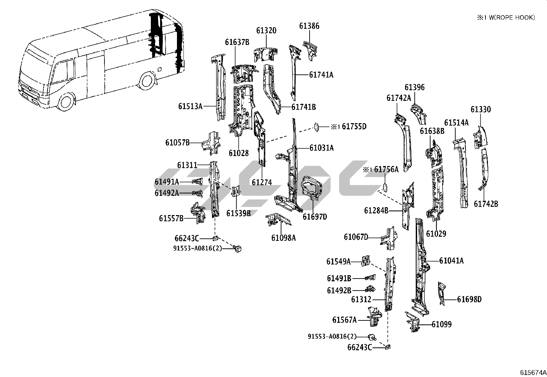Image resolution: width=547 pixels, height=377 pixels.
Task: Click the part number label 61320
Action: [266, 31]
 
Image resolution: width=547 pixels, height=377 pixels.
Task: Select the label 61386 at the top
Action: [309, 26]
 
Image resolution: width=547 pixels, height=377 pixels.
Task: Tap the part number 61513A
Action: [190, 106]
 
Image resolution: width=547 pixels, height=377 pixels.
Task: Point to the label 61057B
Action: [177, 142]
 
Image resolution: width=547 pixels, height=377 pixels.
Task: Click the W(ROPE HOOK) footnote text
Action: [512, 17]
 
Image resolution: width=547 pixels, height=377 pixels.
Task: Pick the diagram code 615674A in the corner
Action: [533, 373]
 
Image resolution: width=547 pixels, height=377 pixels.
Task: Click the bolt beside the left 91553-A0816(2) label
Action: [237, 248]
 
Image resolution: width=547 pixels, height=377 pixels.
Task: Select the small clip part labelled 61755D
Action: [317, 127]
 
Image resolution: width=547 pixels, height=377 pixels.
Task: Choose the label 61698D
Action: [469, 299]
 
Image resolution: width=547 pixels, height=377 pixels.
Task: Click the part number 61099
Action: [442, 324]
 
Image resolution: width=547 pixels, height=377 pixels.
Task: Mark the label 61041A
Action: [451, 261]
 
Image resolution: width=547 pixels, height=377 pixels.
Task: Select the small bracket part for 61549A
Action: [366, 261]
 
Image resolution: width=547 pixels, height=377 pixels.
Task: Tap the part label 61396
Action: [415, 87]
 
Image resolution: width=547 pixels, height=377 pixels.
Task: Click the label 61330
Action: [481, 109]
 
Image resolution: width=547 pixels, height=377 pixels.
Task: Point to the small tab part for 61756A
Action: [385, 188]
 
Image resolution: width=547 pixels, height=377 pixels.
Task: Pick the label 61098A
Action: [283, 238]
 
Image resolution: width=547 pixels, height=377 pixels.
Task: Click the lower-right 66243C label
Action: [359, 347]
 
